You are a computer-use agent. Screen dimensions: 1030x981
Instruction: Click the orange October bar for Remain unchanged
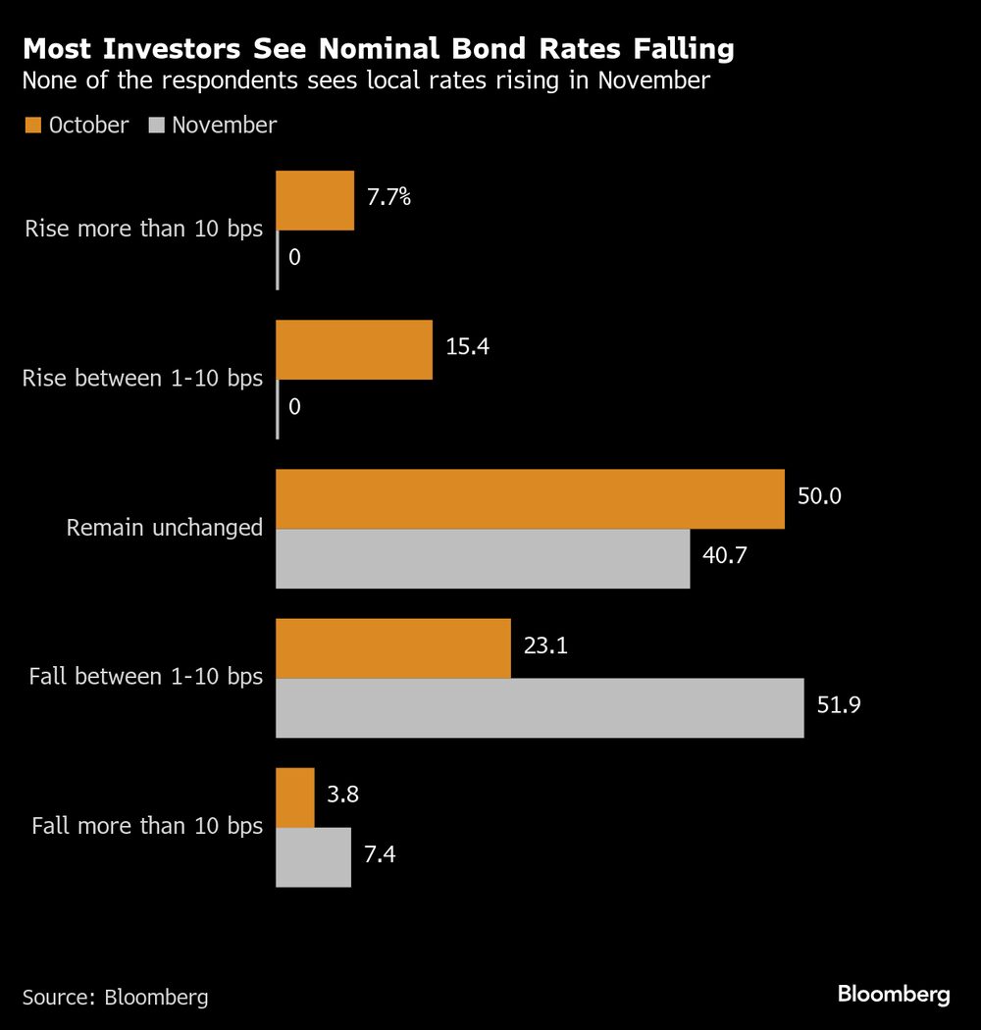530,499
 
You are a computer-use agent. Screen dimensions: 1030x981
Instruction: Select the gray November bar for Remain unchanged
483,559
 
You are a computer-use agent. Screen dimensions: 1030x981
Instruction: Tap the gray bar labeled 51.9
540,708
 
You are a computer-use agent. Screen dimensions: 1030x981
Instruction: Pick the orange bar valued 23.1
392,648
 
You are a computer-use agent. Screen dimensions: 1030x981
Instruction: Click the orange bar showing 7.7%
314,201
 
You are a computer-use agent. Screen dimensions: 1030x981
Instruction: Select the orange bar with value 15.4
353,350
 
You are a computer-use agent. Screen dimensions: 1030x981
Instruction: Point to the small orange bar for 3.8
294,798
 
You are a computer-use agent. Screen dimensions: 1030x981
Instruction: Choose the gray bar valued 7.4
313,857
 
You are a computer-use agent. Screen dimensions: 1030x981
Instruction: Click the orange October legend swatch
31,126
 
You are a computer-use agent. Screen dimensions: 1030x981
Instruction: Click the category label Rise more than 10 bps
144,230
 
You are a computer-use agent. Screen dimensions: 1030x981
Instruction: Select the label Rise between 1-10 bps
142,379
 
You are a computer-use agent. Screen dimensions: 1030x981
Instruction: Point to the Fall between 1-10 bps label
146,677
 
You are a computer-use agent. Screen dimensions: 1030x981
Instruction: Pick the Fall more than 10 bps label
147,826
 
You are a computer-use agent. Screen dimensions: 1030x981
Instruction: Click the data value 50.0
820,496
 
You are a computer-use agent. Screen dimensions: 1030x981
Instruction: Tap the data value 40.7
726,556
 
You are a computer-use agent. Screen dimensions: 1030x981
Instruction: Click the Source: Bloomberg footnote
115,998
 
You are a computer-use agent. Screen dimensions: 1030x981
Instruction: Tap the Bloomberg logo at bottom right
894,995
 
